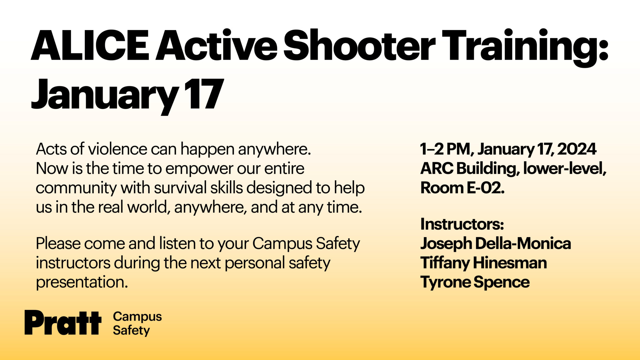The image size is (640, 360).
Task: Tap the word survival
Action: tap(180, 188)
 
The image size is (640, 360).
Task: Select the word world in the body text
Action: tap(148, 207)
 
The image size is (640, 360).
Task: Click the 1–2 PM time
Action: tap(445, 149)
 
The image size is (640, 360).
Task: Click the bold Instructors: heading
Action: tap(462, 224)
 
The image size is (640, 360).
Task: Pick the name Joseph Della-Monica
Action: tap(495, 243)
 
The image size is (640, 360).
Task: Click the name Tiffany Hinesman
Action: tap(483, 263)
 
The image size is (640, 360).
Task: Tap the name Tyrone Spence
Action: tap(475, 282)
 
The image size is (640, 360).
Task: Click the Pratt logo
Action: tap(63, 322)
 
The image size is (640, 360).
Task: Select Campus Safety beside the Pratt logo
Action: tap(137, 323)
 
